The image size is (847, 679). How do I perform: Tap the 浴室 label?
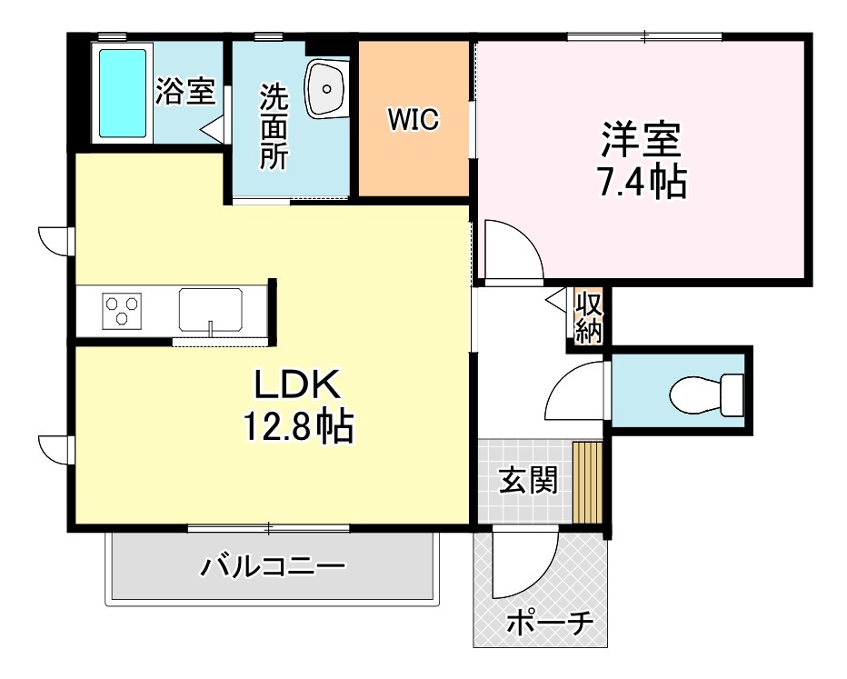point(184,92)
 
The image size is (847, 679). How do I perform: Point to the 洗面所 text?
point(274,126)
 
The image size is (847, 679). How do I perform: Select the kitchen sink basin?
point(210,309)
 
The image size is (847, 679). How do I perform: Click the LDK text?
point(296,386)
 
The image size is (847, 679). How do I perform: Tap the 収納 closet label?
point(588,316)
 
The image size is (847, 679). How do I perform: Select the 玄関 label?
point(527,480)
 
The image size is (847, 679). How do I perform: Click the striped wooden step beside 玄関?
point(588,482)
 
